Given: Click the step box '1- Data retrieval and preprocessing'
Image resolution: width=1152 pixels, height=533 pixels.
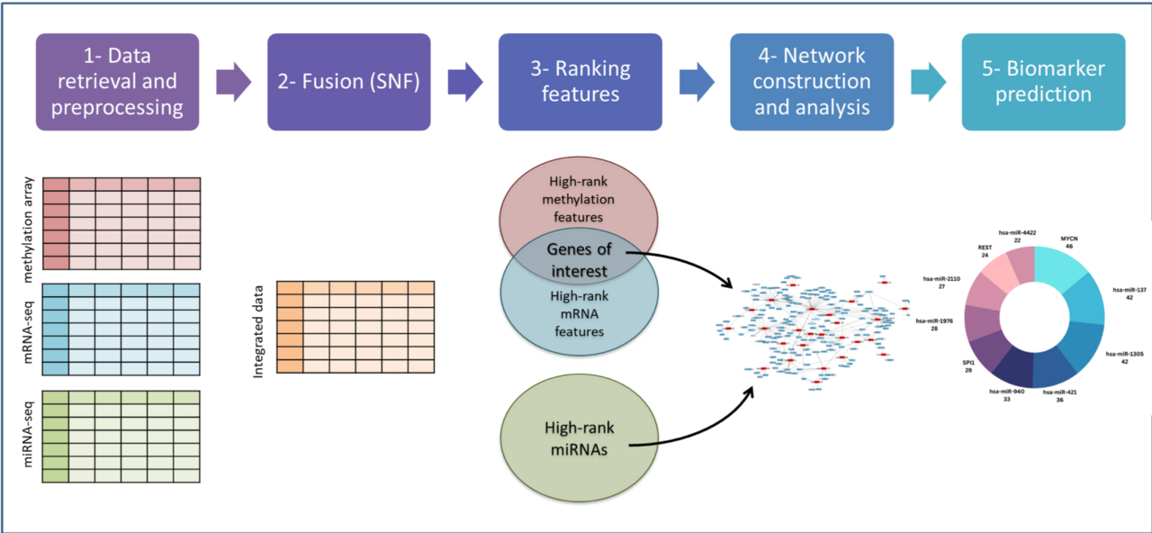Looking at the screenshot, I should (x=117, y=82).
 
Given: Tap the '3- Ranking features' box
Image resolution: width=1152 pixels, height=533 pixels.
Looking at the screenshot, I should (x=580, y=82).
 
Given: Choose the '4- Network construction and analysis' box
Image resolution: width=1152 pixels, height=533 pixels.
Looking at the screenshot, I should (x=812, y=82).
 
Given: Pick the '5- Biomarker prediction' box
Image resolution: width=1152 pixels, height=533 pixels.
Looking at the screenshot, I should (x=1043, y=82).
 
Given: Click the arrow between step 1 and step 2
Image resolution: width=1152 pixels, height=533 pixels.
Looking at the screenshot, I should (x=234, y=82).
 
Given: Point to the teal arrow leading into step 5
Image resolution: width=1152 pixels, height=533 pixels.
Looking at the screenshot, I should (x=928, y=82).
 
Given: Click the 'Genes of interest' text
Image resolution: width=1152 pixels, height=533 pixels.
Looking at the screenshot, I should (x=578, y=259).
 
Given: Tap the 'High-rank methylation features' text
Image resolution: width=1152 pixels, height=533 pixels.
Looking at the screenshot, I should (x=578, y=199).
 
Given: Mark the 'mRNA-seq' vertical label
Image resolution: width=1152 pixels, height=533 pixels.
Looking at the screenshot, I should (x=27, y=330).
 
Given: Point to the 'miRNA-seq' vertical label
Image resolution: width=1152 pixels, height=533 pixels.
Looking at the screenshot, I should (x=27, y=435).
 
